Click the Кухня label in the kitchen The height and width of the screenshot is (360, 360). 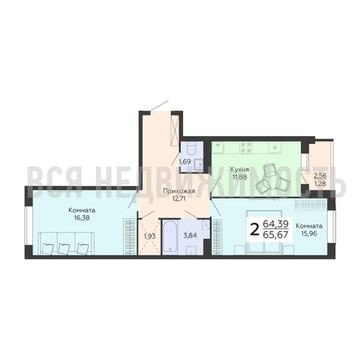240,170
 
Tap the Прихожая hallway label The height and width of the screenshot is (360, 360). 178,192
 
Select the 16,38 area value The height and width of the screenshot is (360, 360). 82,218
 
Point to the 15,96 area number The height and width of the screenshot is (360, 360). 309,233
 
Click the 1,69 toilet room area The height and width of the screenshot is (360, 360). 185,162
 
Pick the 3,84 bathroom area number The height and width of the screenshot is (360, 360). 190,235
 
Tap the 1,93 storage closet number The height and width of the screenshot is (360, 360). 150,236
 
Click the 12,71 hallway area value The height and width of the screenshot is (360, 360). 178,199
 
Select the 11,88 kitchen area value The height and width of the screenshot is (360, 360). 240,177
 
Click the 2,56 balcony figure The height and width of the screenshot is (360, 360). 320,176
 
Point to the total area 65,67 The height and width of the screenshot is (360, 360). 276,235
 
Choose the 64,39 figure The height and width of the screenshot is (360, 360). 276,224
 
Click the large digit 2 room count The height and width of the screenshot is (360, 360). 254,230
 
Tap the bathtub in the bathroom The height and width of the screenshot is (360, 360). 170,237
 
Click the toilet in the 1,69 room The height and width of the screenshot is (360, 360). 192,148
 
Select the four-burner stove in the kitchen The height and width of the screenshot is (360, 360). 246,148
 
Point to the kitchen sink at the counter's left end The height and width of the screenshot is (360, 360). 217,146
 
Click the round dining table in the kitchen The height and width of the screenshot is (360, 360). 272,178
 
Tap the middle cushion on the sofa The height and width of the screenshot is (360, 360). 64,248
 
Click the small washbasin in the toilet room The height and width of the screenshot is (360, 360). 198,165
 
